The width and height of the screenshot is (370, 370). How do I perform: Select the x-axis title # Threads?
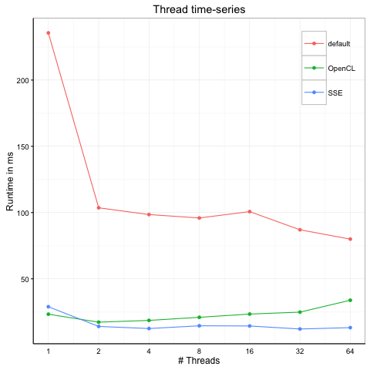coord(199,361)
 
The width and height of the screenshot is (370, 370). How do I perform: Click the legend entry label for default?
coord(339,43)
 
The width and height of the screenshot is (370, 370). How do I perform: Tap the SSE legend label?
coord(335,92)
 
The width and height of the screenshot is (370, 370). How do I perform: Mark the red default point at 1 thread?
coord(48,33)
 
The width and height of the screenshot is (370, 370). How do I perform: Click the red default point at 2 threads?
coord(99,207)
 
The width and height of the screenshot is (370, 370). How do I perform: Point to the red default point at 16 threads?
coord(250,211)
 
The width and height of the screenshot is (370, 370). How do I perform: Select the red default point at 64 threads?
coord(350,239)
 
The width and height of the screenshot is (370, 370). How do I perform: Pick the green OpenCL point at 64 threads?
coord(350,300)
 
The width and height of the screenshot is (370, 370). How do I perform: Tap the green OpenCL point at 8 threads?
coord(200,318)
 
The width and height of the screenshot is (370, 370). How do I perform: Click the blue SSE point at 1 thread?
coord(48,307)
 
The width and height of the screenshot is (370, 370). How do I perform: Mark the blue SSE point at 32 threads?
coord(300,329)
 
